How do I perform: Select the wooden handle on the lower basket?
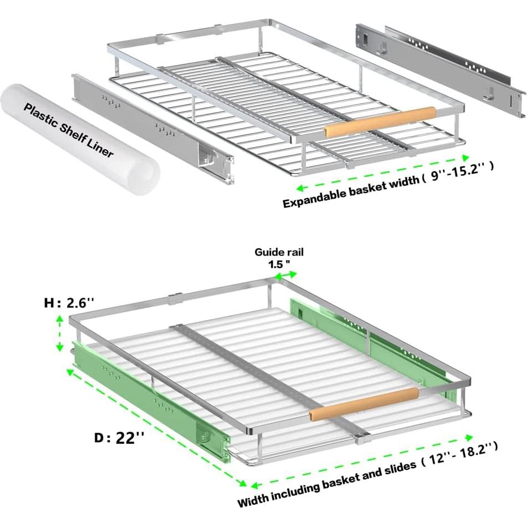coord(364,403)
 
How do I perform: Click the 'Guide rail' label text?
coord(279,252)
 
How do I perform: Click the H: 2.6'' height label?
coord(70,303)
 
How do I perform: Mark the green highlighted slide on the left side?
coord(150,405)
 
